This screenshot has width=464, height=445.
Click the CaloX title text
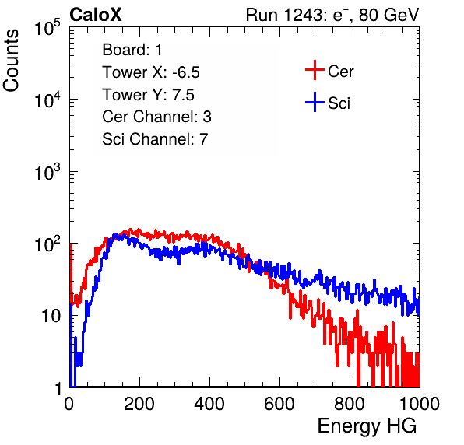click(x=96, y=15)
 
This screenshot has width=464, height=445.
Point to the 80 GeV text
click(x=388, y=15)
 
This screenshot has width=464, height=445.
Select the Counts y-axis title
click(x=11, y=61)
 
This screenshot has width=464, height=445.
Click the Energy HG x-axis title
click(x=367, y=426)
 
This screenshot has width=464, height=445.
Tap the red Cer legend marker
click(x=315, y=70)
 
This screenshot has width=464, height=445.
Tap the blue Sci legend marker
click(x=315, y=102)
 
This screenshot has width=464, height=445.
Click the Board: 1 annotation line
click(x=132, y=50)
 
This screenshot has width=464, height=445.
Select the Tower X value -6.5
click(x=186, y=72)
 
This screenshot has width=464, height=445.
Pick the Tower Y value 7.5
click(x=183, y=95)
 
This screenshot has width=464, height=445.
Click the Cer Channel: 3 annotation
click(x=156, y=117)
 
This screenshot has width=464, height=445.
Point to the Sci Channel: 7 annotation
click(x=155, y=139)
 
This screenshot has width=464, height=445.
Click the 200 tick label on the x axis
click(x=139, y=405)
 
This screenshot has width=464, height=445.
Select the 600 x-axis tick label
click(x=279, y=405)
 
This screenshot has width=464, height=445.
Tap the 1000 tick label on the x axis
click(x=420, y=405)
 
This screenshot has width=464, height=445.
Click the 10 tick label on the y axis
click(x=51, y=316)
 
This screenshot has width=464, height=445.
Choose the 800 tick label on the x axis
click(x=350, y=405)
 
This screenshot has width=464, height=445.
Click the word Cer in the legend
click(x=341, y=72)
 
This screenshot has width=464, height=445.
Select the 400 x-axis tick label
click(x=209, y=405)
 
